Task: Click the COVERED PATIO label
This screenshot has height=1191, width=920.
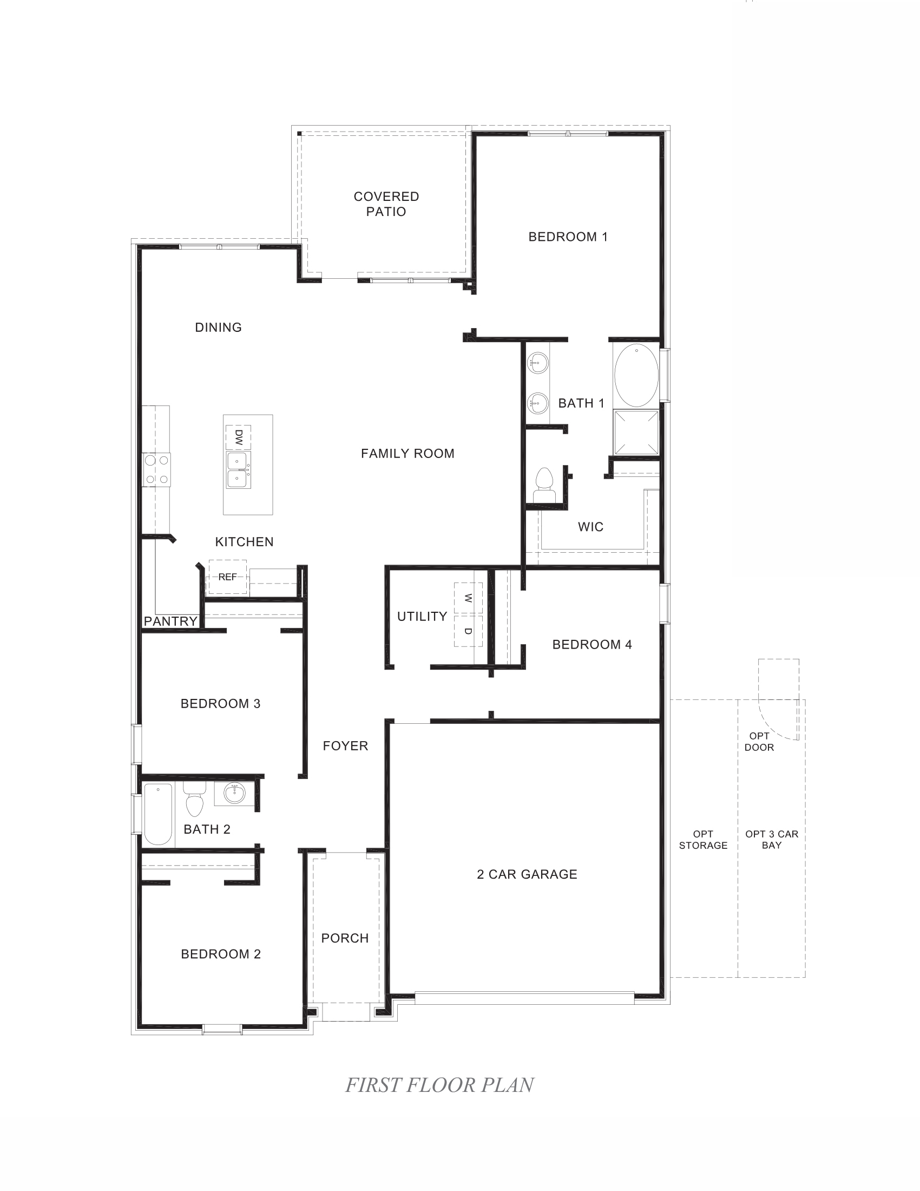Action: point(386,204)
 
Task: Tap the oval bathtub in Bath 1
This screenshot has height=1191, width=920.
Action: point(636,375)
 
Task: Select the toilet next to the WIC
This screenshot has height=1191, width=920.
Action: point(544,485)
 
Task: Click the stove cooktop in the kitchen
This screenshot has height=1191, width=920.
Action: point(156,469)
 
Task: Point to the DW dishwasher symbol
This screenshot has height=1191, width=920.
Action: point(238,437)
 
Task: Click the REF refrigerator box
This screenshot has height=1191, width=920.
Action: point(227,577)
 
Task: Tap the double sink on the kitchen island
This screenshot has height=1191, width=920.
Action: point(239,469)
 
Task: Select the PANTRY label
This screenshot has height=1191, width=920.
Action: point(170,621)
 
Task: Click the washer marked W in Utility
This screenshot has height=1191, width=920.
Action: point(468,598)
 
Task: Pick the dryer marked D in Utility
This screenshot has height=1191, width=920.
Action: point(468,631)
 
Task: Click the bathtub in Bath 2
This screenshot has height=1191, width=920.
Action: point(158,814)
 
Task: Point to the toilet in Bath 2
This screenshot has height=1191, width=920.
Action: point(194,801)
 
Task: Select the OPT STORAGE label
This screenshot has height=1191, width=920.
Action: point(703,839)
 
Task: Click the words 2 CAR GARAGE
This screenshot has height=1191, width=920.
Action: point(527,874)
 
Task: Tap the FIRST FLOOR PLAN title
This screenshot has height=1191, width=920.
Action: point(439,1085)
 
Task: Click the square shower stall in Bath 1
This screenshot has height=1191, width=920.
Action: point(636,433)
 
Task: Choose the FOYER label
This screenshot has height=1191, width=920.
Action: point(345,746)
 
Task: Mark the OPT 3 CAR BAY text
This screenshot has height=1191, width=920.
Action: point(771,839)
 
